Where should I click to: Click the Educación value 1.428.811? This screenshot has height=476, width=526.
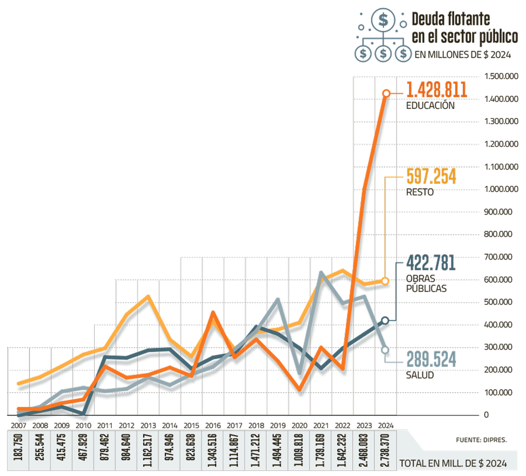click(x=437, y=90)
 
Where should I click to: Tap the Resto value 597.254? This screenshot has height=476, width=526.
click(x=431, y=176)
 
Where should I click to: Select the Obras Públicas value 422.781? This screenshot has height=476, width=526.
click(x=431, y=263)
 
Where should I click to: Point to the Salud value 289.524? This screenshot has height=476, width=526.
click(x=431, y=359)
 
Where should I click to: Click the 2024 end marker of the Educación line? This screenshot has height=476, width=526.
click(x=386, y=93)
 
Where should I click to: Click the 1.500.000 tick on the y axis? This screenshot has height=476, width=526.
click(x=501, y=76)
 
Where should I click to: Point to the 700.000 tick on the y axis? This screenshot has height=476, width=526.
click(x=498, y=257)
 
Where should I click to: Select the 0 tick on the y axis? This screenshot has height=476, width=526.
click(x=486, y=415)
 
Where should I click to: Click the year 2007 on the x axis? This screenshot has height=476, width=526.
click(x=18, y=426)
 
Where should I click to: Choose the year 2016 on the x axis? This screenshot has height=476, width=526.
click(x=213, y=426)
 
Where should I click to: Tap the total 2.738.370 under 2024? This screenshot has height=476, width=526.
click(x=386, y=451)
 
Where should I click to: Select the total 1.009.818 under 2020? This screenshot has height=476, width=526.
click(x=299, y=451)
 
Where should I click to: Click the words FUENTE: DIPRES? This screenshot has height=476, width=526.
click(x=481, y=440)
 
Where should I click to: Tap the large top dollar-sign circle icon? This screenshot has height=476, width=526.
click(x=383, y=20)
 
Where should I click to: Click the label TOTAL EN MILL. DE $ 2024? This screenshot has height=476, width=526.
click(x=453, y=463)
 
